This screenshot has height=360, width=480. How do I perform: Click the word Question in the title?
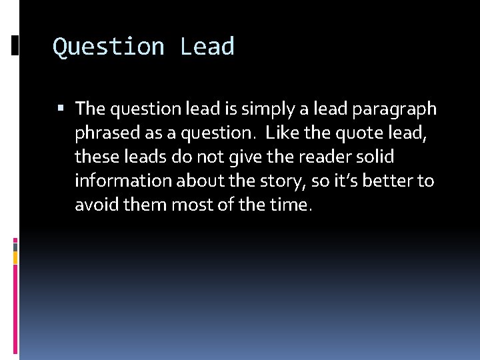click(109, 47)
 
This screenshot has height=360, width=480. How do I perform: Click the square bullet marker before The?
click(61, 107)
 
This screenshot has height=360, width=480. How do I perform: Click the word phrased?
click(105, 133)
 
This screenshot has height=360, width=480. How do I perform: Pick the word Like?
click(282, 132)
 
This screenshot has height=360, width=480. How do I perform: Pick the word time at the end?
click(293, 205)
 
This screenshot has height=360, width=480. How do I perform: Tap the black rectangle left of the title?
click(15, 46)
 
